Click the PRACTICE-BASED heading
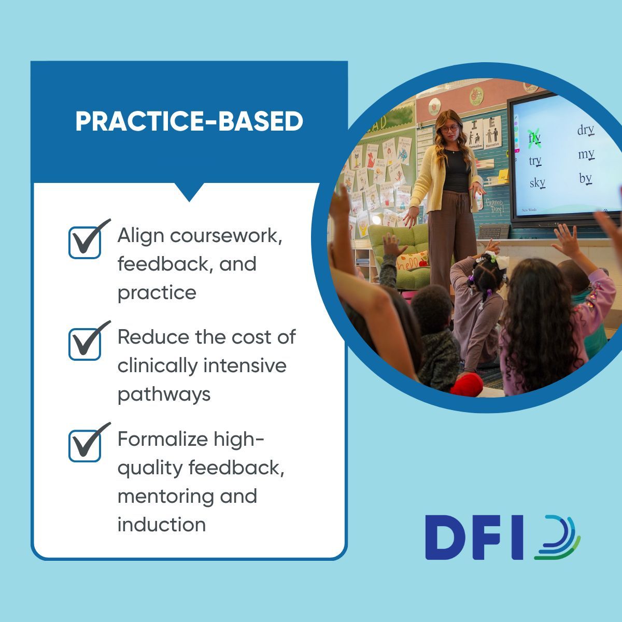pos(189,122)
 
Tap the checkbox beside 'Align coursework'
pos(85,242)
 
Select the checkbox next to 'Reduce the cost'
pos(85,343)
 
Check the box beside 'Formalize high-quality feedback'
pos(85,445)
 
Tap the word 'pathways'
pos(164,394)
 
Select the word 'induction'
pos(161,525)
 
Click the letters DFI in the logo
pos(474,538)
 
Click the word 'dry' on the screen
pos(585,130)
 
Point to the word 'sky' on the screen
pos(537,182)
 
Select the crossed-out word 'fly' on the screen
pos(534,138)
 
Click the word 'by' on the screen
pos(585,178)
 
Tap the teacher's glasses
pos(449,129)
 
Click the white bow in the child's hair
pos(490,258)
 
